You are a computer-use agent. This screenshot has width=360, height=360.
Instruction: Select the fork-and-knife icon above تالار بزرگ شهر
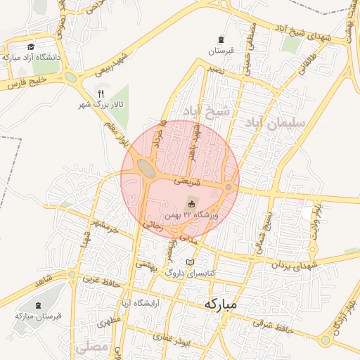101,94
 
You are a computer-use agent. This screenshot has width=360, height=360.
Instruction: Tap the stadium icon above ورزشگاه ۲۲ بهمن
190,204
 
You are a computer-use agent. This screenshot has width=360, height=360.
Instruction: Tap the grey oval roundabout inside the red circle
147,167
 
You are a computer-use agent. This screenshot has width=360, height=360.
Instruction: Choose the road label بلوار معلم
116,133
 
